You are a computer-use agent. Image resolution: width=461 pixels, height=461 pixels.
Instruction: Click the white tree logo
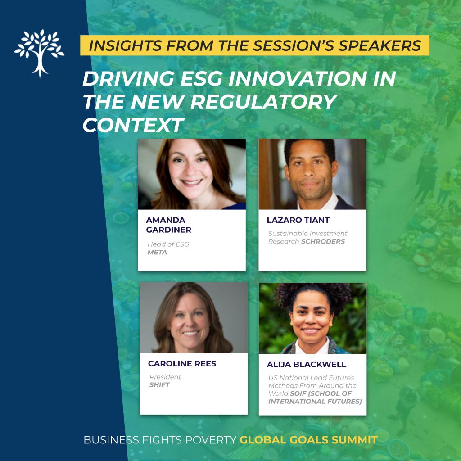(x=39, y=54)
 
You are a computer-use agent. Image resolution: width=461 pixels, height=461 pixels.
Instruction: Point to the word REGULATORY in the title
(x=263, y=102)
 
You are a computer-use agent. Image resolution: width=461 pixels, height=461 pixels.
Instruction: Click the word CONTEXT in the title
(x=133, y=125)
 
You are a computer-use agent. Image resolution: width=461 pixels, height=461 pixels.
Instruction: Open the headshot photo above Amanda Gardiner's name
(x=192, y=174)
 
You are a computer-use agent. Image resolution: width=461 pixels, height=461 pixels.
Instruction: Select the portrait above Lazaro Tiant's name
(x=312, y=174)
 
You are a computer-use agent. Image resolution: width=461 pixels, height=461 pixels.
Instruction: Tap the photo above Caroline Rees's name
(x=194, y=317)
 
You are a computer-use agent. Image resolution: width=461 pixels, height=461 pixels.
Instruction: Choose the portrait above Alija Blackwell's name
(x=312, y=318)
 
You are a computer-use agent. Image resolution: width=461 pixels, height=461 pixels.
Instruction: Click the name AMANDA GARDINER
(x=168, y=225)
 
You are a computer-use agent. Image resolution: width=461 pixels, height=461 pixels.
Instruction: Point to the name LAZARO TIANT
(x=298, y=220)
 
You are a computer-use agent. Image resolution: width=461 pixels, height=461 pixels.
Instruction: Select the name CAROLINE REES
(x=182, y=363)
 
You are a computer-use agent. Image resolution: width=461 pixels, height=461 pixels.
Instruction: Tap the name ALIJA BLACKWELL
(x=306, y=364)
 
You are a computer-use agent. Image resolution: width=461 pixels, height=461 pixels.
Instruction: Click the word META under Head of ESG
(x=157, y=252)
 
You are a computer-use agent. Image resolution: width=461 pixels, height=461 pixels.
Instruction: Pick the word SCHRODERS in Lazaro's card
(x=323, y=241)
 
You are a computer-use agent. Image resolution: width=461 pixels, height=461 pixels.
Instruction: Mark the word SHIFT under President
(x=159, y=385)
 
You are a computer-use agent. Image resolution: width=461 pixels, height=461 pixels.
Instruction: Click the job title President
(x=165, y=377)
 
